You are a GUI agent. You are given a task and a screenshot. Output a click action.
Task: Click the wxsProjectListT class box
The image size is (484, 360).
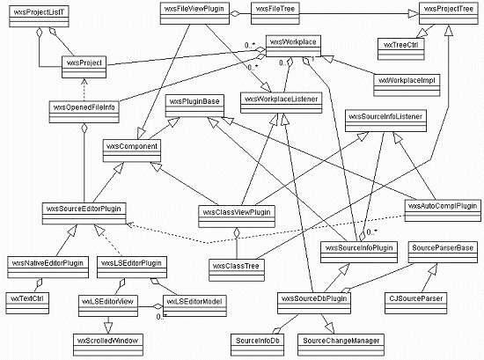pyautogui.click(x=39, y=17)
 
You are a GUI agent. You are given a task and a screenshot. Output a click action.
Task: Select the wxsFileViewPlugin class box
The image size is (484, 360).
pyautogui.click(x=194, y=13)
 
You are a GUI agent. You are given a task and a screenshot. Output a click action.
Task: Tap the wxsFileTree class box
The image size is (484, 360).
pyautogui.click(x=275, y=13)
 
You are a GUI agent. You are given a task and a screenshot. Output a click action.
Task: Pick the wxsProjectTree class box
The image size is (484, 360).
pyautogui.click(x=449, y=13)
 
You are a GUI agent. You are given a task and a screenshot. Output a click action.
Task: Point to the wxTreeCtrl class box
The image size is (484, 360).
pyautogui.click(x=401, y=48)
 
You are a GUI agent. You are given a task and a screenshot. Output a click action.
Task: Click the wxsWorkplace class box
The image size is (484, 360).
pyautogui.click(x=293, y=46)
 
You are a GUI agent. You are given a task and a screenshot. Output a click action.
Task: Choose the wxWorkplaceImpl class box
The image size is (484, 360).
pyautogui.click(x=407, y=84)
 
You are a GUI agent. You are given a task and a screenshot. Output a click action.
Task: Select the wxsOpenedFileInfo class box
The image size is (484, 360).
pyautogui.click(x=84, y=112)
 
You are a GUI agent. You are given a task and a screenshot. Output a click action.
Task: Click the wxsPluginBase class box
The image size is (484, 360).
pyautogui.click(x=194, y=106)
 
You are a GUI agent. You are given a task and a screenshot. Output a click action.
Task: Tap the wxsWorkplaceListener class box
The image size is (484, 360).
pyautogui.click(x=282, y=103)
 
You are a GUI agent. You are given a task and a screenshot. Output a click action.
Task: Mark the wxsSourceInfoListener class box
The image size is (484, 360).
pyautogui.click(x=385, y=121)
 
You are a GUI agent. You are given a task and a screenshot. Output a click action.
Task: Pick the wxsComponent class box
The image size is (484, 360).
pyautogui.click(x=132, y=151)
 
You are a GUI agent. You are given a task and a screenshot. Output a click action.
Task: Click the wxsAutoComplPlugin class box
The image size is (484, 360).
pyautogui.click(x=443, y=210)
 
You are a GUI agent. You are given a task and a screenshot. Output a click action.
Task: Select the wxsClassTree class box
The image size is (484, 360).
pyautogui.click(x=237, y=270)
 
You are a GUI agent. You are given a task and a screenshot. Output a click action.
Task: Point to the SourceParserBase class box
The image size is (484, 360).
pyautogui.click(x=443, y=253)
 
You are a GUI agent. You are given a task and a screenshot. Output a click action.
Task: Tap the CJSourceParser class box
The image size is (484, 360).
pyautogui.click(x=415, y=303)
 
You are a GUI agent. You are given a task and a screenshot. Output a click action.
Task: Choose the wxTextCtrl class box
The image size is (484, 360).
pyautogui.click(x=27, y=303)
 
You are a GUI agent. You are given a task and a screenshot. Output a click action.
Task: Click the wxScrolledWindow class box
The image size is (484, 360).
pyautogui.click(x=108, y=344)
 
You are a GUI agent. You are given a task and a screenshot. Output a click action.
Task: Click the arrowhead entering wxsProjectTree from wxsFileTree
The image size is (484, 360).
pyautogui.click(x=414, y=13)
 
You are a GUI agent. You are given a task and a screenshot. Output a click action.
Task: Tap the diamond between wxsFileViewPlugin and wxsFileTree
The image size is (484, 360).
pyautogui.click(x=235, y=13)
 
